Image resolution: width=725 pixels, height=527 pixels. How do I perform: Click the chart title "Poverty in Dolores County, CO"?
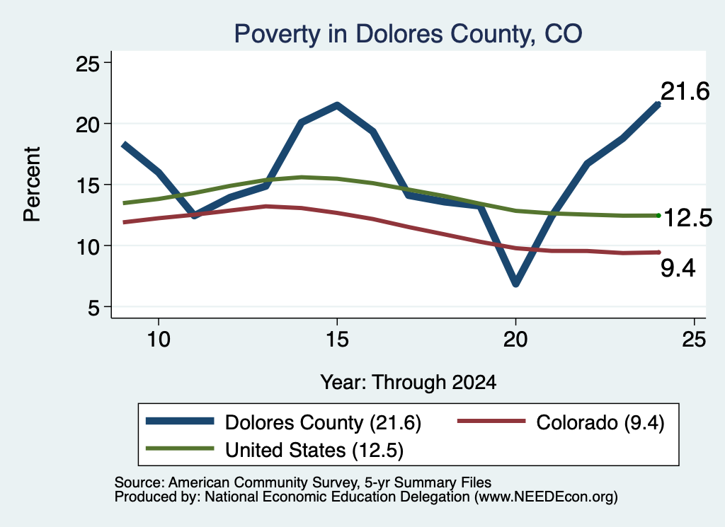tap(408, 34)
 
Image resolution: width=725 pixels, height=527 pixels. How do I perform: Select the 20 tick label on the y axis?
tap(88, 124)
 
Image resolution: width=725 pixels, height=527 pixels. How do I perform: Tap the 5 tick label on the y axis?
tap(94, 307)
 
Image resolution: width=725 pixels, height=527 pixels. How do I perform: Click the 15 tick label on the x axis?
tap(337, 340)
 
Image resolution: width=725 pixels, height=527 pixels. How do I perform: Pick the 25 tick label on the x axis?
tap(694, 340)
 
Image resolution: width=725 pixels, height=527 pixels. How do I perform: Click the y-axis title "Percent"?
tap(32, 185)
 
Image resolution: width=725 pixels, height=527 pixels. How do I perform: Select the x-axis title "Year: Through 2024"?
tap(409, 383)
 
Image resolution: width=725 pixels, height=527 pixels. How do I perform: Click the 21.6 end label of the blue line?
tap(685, 91)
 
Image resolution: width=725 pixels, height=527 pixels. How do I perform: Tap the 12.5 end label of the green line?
tap(688, 218)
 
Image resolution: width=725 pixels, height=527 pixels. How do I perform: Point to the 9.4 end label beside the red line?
tap(678, 268)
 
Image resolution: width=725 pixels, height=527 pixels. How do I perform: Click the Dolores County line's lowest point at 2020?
tap(516, 283)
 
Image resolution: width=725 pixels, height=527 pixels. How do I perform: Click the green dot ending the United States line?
tap(658, 216)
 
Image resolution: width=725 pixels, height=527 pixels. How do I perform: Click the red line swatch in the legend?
tap(491, 421)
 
